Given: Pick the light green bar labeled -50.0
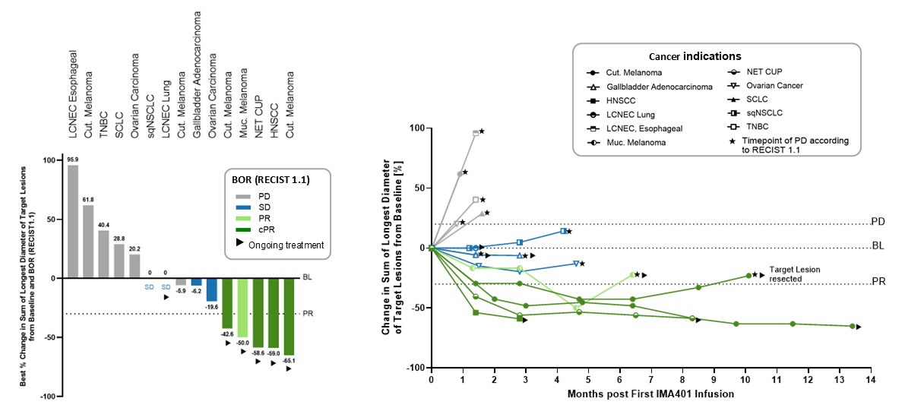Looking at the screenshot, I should pyautogui.click(x=242, y=308).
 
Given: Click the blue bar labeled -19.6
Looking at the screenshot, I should pyautogui.click(x=212, y=289).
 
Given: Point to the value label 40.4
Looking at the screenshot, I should pyautogui.click(x=103, y=224).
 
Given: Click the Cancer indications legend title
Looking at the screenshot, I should pyautogui.click(x=695, y=56).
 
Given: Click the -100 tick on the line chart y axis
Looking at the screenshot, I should pyautogui.click(x=416, y=368).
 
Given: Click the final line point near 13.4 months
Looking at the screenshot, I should pyautogui.click(x=852, y=326).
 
